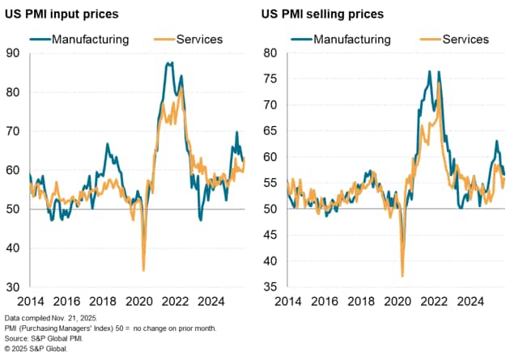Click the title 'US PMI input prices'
tap(72, 15)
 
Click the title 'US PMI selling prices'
tap(322, 15)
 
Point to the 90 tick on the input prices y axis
tap(13, 53)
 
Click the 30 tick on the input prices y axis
tap(13, 287)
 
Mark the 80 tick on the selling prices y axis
tap(271, 53)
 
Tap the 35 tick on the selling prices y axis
tap(271, 287)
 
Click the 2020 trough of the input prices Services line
tap(143, 270)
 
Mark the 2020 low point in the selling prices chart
tap(402, 277)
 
